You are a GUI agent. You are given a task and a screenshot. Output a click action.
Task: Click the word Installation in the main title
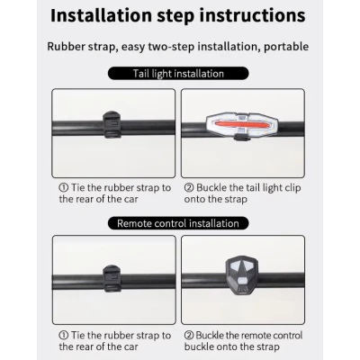tap(101, 16)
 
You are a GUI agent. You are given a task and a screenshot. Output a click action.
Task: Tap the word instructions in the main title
tap(253, 16)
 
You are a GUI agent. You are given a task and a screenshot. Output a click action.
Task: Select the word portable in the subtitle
tap(286, 47)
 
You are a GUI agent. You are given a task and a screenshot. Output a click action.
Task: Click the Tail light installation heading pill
tap(178, 74)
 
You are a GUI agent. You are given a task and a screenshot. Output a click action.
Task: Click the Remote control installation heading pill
tap(178, 223)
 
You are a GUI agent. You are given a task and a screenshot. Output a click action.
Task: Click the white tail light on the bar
tap(242, 125)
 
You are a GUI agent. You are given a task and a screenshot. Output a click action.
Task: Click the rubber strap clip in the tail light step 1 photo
tap(112, 124)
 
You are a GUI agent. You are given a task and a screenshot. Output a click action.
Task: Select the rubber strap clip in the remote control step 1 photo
tap(112, 278)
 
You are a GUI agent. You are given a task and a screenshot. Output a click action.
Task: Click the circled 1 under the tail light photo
tap(64, 188)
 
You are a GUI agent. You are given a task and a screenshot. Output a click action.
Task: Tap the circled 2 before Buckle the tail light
tap(189, 188)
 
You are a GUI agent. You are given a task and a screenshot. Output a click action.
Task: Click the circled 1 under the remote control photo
tap(64, 336)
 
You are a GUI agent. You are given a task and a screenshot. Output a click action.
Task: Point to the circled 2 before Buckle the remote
tap(189, 336)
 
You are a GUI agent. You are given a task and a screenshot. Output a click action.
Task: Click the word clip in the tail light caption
tap(293, 188)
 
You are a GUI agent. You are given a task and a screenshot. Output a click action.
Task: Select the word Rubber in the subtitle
tap(66, 47)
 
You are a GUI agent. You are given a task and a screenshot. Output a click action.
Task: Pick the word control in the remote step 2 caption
tap(286, 335)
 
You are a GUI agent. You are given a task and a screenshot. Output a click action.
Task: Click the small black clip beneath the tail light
tap(242, 138)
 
